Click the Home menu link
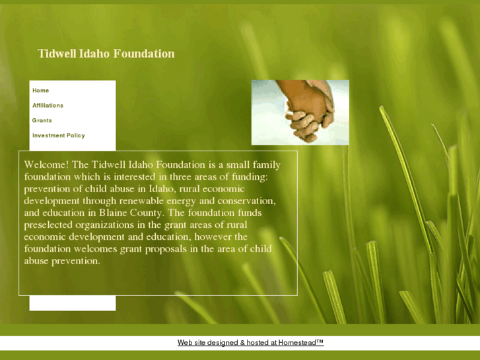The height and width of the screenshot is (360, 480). coord(41,90)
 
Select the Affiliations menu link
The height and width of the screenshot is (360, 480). coord(48,106)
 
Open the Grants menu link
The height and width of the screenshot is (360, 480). coord(42,121)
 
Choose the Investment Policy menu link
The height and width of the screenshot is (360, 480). coord(59,136)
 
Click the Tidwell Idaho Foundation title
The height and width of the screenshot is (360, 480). coord(106,54)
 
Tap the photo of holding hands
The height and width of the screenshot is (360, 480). coord(300,112)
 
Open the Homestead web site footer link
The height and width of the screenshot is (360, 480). coord(250,343)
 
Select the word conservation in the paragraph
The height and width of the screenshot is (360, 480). coord(246,201)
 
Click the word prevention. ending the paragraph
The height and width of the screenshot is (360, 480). coord(76,261)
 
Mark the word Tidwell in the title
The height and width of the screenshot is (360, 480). coord(57,54)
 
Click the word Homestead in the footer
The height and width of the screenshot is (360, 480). coord(300,343)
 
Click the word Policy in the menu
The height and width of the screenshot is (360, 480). coord(75,136)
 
